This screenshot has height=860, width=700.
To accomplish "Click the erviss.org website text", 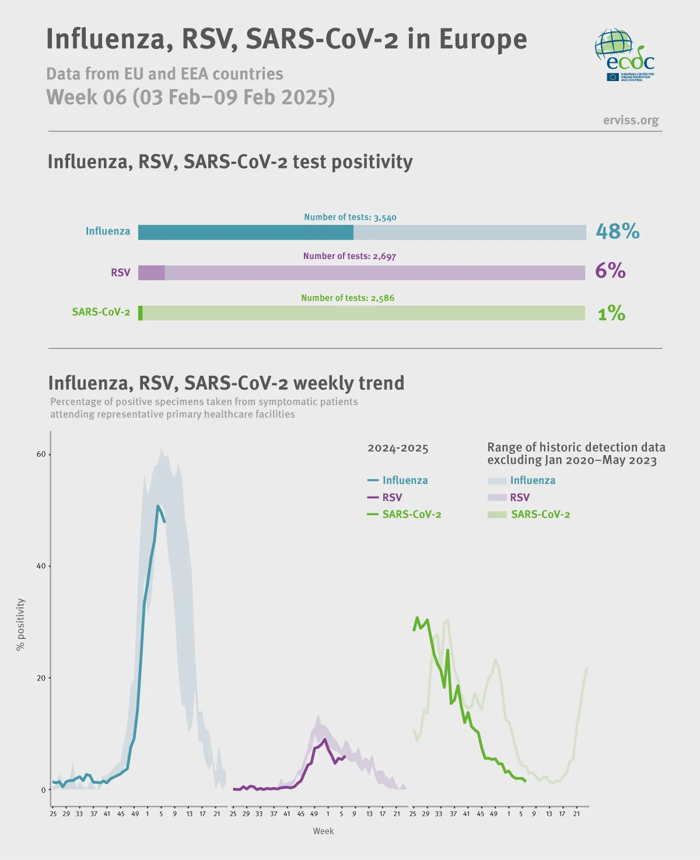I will (x=631, y=120).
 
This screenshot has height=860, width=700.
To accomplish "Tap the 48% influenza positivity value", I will (x=617, y=232).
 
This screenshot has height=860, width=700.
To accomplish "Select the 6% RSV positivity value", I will (x=610, y=271).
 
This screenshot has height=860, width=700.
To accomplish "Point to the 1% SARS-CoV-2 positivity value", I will (x=611, y=314).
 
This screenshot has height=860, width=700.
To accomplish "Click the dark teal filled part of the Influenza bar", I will (x=245, y=232).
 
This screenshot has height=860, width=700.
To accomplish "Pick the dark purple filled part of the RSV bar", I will (x=151, y=272).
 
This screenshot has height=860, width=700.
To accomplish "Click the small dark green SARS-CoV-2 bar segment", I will (x=141, y=313).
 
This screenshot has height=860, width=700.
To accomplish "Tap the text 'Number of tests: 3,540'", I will (x=350, y=217).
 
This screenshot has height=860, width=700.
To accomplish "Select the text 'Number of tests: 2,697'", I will (x=349, y=256).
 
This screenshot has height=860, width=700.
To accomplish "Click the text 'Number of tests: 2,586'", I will (x=348, y=298).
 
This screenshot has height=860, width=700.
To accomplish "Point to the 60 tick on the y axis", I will (x=41, y=455).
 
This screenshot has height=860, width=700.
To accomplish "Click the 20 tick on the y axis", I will (x=41, y=678).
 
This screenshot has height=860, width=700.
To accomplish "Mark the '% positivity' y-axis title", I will (x=21, y=624).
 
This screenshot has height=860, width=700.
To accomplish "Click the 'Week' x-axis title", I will (x=323, y=831).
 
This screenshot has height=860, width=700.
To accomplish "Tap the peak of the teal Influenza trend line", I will (x=157, y=506).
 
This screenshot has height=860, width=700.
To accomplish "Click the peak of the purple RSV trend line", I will (x=325, y=739).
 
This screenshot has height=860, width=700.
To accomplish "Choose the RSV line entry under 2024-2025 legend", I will (x=384, y=498).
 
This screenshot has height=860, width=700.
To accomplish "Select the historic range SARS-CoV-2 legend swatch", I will (x=497, y=515).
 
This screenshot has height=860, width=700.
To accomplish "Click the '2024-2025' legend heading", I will (x=398, y=448).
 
